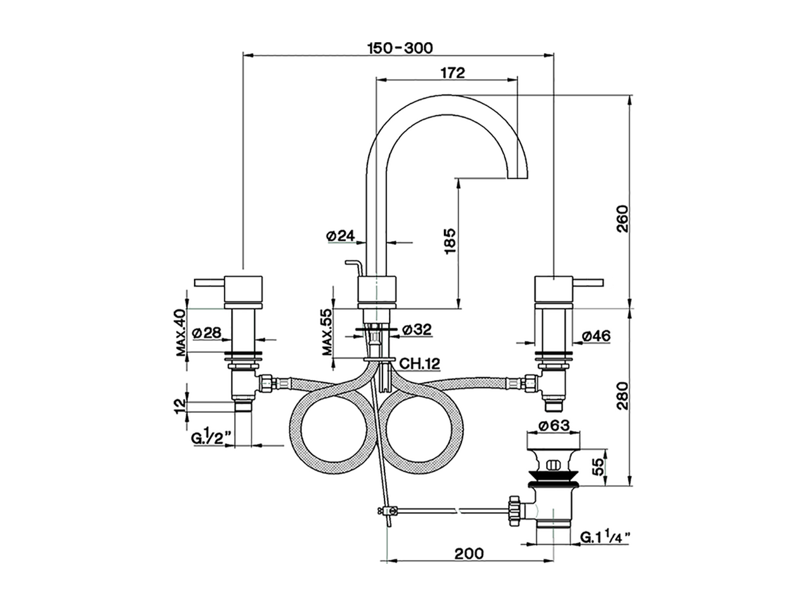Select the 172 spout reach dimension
click(x=453, y=73)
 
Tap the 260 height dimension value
click(x=622, y=220)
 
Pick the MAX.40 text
click(x=181, y=333)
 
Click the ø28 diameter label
click(x=205, y=332)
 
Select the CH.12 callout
click(x=419, y=363)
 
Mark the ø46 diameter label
click(x=595, y=336)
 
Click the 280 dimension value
click(x=622, y=396)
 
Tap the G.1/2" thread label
click(x=208, y=438)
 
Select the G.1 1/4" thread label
click(x=605, y=538)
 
